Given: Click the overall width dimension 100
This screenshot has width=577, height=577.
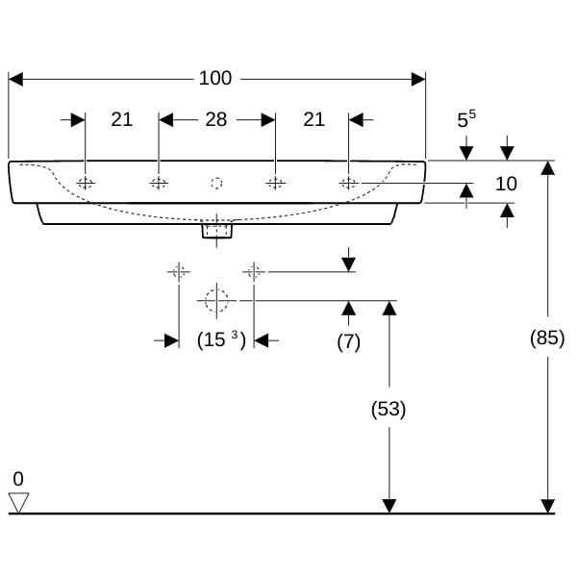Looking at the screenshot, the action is click(x=215, y=79).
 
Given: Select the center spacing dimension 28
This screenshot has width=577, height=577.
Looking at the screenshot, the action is click(x=216, y=119).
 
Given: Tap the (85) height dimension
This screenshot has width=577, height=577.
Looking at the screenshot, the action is click(x=547, y=338).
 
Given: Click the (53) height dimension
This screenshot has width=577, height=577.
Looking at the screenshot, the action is click(x=389, y=409).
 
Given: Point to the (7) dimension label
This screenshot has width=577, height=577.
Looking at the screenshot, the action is click(x=348, y=342).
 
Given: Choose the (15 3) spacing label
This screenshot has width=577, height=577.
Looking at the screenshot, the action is click(x=221, y=339).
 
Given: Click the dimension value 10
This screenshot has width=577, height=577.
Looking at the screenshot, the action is click(x=507, y=184).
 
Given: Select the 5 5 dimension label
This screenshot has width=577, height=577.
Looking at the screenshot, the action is click(x=466, y=119).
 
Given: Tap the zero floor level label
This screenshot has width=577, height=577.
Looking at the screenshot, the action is click(x=18, y=479).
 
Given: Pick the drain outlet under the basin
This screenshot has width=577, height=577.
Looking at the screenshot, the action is click(x=216, y=229).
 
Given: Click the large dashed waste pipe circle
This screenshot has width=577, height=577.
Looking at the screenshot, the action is click(x=216, y=301).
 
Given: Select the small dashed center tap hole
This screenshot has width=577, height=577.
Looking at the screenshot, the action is click(x=216, y=183).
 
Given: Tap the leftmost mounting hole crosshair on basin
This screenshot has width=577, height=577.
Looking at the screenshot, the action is click(x=86, y=183).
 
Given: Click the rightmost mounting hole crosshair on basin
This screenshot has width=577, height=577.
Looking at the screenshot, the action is click(x=348, y=183).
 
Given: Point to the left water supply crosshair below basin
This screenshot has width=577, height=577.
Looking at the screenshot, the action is click(x=179, y=272).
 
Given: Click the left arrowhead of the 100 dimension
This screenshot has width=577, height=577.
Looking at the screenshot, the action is click(x=15, y=79).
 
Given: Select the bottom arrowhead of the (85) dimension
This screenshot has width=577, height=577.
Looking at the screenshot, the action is click(x=548, y=506).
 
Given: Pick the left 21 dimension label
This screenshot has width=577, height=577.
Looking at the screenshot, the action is click(x=122, y=119).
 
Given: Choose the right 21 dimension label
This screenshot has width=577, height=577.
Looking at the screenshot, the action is click(x=314, y=119).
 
